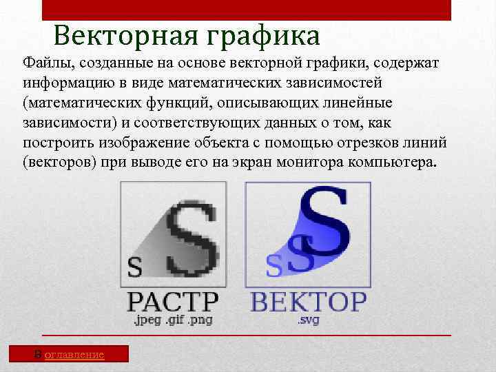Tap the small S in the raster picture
[x=135, y=267]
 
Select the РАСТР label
[x=173, y=302]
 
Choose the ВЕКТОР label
[x=308, y=302]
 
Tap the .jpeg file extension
[x=147, y=320]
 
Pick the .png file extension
[x=199, y=320]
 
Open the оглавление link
[x=74, y=354]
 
